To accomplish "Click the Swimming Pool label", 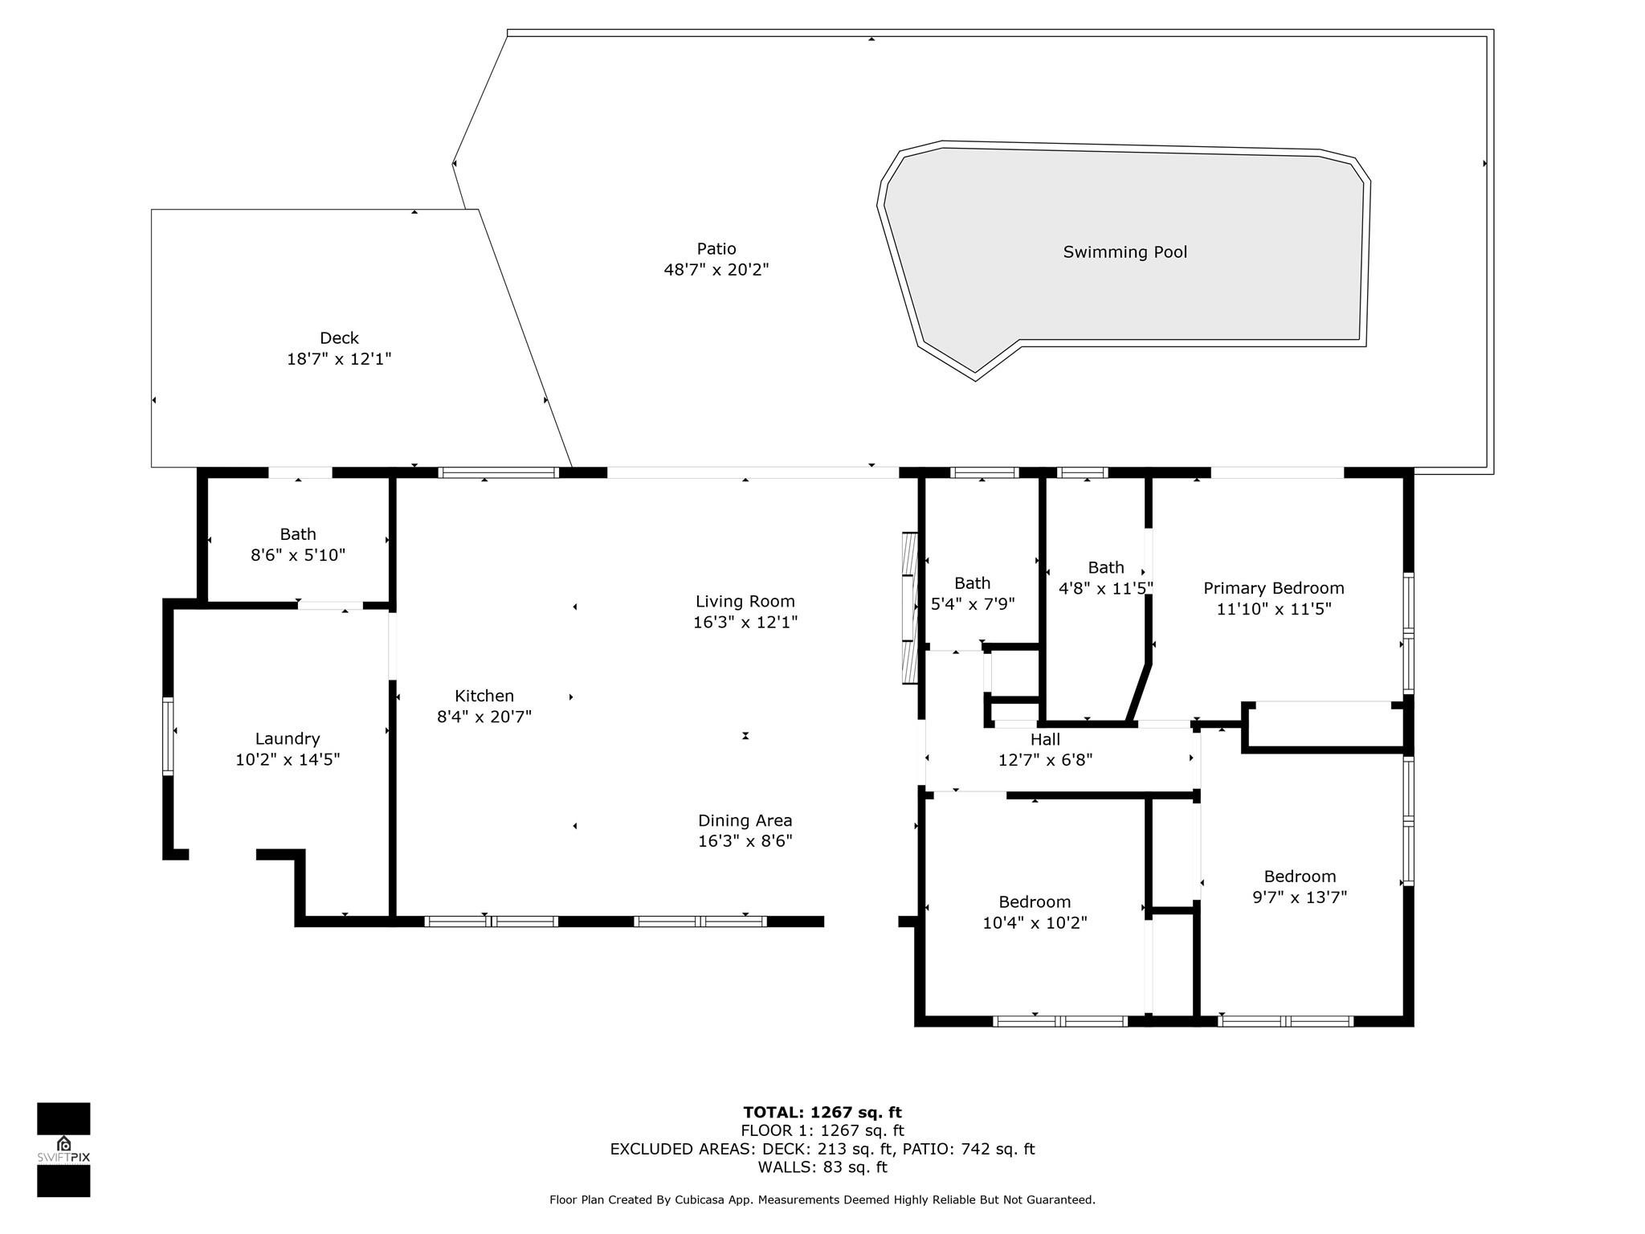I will click(x=1125, y=252).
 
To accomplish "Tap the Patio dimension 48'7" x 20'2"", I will click(x=716, y=270).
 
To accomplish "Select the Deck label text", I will click(x=339, y=338).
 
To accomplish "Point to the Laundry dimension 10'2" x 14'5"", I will click(x=288, y=760).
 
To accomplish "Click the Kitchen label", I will click(x=484, y=696).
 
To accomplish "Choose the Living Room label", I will click(x=745, y=601).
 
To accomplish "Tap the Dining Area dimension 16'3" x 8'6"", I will click(x=745, y=841).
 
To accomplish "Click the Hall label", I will click(x=1045, y=739).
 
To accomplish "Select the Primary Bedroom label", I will click(x=1273, y=588).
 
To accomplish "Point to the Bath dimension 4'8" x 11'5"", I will click(x=1105, y=588).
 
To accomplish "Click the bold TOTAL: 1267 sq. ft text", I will click(x=822, y=1113).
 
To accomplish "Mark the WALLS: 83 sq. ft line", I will click(x=822, y=1167).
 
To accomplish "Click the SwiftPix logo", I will click(x=63, y=1149).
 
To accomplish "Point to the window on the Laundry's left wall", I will click(x=168, y=736).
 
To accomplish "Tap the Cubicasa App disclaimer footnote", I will click(x=822, y=1200).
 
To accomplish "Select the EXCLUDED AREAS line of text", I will click(x=822, y=1149).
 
